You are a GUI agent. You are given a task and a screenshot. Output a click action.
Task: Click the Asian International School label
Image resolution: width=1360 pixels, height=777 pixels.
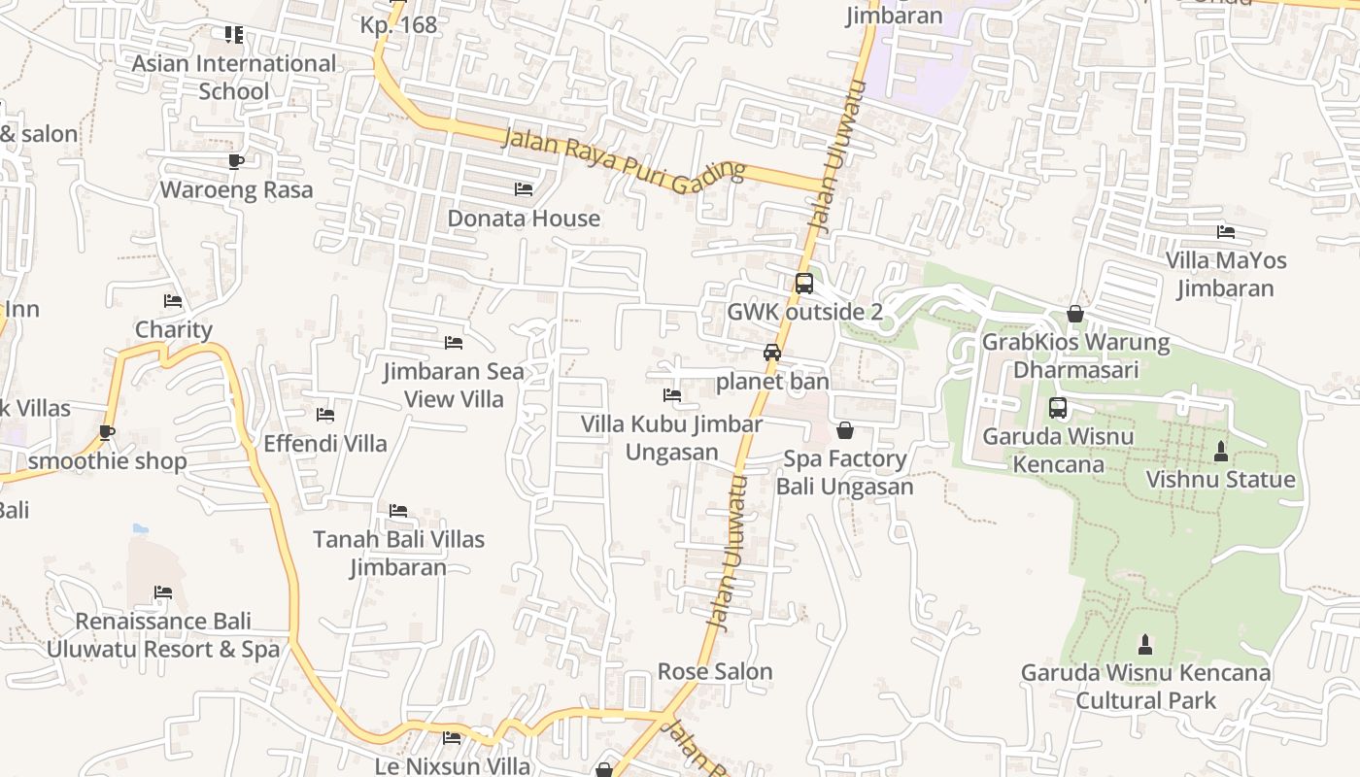coord(233,77)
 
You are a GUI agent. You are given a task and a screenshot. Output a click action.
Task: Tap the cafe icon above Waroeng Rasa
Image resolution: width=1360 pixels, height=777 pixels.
coord(235,160)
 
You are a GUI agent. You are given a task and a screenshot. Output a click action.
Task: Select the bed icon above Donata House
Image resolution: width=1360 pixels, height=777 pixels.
coord(524,189)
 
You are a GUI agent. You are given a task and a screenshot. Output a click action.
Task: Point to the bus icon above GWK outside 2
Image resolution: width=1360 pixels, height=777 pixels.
coord(804,284)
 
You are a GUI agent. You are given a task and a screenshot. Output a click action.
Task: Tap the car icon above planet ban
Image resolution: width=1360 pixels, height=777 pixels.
coord(772,353)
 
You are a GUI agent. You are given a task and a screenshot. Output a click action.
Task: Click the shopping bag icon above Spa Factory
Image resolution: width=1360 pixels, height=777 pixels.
coord(845,430)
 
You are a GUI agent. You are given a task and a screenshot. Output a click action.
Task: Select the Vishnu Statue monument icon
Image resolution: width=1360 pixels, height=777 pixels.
coord(1221,452)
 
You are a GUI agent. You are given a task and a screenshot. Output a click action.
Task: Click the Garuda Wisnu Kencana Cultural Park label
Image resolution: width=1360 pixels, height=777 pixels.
coord(1145,686)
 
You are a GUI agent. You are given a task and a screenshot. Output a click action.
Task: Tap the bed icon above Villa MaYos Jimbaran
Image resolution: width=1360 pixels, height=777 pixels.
coord(1226,232)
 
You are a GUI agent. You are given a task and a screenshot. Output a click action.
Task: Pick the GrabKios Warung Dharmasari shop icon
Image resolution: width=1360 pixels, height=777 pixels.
coord(1075,314)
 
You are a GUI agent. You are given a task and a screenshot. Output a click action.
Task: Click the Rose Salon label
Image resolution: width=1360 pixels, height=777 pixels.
coord(715,671)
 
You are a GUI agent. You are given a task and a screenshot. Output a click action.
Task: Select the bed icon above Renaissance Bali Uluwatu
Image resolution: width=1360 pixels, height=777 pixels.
coord(163,592)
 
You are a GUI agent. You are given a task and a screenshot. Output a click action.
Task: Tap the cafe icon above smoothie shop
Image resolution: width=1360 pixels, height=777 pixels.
coord(107,432)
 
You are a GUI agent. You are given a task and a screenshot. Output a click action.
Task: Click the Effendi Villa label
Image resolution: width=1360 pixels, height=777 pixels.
coord(325,444)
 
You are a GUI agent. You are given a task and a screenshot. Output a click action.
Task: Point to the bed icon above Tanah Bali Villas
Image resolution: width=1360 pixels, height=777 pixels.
coord(398,511)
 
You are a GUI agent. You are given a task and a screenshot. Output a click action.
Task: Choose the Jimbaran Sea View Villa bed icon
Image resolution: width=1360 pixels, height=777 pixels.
coord(453,343)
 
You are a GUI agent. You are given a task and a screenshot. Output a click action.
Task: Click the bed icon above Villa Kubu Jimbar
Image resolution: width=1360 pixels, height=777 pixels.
coord(671,395)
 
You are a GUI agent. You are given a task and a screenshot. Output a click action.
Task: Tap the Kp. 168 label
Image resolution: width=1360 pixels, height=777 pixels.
coord(398,25)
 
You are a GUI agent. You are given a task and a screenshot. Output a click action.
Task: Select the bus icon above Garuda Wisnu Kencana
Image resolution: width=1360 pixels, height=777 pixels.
coord(1058,408)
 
